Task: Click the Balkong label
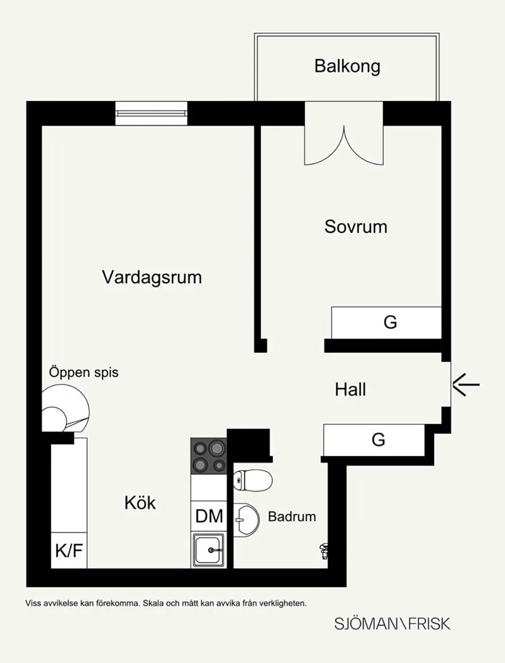click(x=347, y=67)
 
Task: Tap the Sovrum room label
click(x=356, y=227)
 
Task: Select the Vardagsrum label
click(x=151, y=278)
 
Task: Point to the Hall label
click(x=350, y=390)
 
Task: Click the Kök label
click(x=140, y=503)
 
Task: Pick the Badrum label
click(x=292, y=517)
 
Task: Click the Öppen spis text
click(x=84, y=372)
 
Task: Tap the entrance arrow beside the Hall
click(x=466, y=384)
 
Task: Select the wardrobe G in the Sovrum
click(x=386, y=322)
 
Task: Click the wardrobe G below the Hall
click(x=374, y=440)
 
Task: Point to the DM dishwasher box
click(x=209, y=516)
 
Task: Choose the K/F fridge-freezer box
click(x=69, y=550)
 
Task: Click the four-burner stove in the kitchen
click(x=209, y=456)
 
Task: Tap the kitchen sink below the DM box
click(x=209, y=550)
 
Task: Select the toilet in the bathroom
click(x=253, y=480)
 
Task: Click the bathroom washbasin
click(x=246, y=520)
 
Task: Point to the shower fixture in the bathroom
click(x=324, y=551)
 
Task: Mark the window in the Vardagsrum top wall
click(x=151, y=113)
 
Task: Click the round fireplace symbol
click(x=65, y=408)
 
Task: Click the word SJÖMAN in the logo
click(x=368, y=624)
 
